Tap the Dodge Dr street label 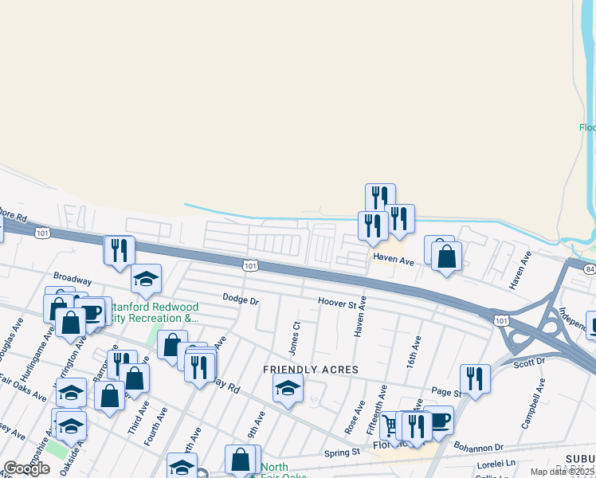pyautogui.click(x=241, y=300)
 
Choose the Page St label pyautogui.click(x=446, y=393)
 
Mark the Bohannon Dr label pyautogui.click(x=479, y=447)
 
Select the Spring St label pyautogui.click(x=343, y=453)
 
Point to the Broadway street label pyautogui.click(x=73, y=281)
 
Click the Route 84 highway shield pyautogui.click(x=589, y=271)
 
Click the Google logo pyautogui.click(x=26, y=468)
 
